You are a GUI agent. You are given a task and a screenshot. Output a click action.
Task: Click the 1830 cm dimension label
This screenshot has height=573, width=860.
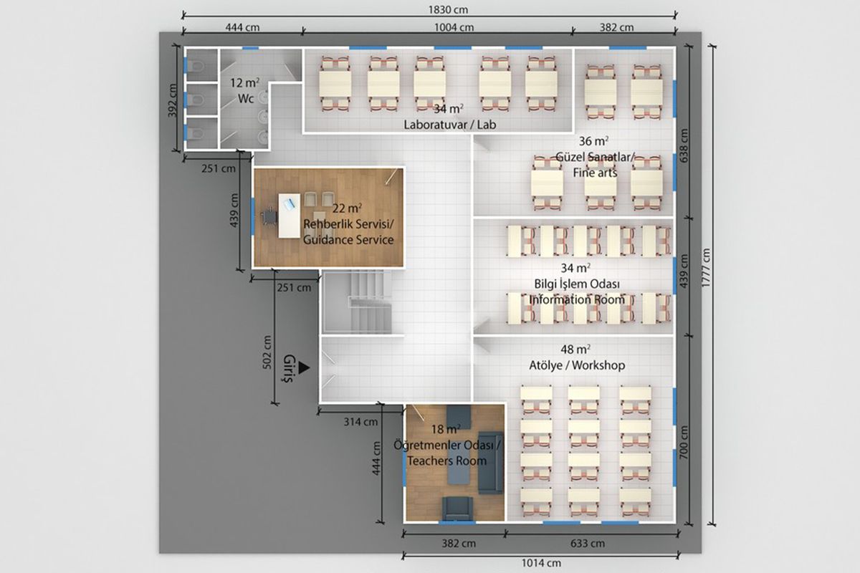pos(448,9)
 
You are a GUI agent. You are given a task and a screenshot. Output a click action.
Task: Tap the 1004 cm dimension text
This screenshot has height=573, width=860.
pos(454,28)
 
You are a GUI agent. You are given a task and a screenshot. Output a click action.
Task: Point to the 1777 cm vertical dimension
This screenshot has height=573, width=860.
pos(706,267)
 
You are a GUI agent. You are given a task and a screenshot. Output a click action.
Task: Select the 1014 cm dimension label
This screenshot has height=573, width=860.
pos(541,563)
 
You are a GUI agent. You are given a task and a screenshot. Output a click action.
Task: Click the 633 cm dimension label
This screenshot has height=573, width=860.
pos(588,544)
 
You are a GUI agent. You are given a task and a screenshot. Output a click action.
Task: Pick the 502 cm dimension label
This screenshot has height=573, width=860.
pos(267,352)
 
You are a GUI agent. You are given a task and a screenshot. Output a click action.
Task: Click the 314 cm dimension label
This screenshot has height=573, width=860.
pos(360,422)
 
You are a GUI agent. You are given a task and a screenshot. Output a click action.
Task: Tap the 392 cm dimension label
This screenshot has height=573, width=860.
pos(173,100)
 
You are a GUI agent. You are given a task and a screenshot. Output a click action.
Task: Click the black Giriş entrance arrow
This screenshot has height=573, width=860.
pos(304,367)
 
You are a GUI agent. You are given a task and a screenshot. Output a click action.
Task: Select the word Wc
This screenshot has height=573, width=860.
pos(246,99)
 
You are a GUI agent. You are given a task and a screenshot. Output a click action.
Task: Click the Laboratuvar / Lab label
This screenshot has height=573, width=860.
pos(449,125)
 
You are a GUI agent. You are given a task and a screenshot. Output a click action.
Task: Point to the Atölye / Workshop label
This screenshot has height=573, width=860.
pos(577,365)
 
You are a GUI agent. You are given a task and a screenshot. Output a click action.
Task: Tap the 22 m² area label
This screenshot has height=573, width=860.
pos(347,208)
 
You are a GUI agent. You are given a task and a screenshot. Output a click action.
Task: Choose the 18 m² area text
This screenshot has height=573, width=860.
pos(446,429)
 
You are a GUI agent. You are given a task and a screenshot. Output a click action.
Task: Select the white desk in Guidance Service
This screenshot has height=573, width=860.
pos(289,216)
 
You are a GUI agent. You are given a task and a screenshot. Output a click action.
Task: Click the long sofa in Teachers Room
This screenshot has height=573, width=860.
pos(491,463)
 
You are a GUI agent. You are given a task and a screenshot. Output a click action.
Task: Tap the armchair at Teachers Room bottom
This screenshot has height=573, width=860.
pos(457,509)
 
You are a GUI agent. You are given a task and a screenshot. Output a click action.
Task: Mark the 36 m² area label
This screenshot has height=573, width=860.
pos(593,141)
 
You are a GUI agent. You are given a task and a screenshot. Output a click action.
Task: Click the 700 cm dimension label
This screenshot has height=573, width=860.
pos(684,443)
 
